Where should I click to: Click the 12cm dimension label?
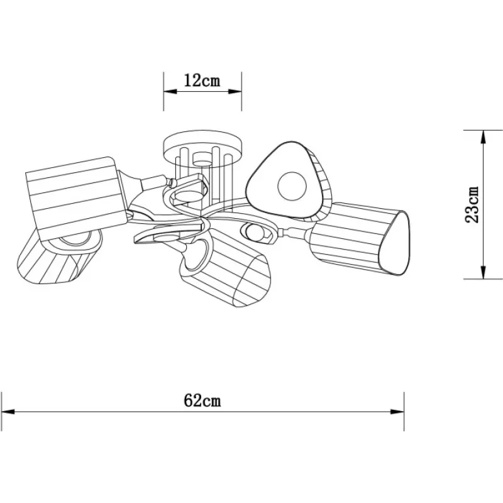[202, 80]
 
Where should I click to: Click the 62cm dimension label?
[202, 401]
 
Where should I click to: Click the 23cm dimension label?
[472, 204]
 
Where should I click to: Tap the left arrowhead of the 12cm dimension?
[170, 91]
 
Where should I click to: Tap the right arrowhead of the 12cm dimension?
[235, 91]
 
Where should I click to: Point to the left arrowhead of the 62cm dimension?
[8, 412]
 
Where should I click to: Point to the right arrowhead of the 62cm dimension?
[397, 412]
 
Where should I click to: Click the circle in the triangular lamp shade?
[292, 186]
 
